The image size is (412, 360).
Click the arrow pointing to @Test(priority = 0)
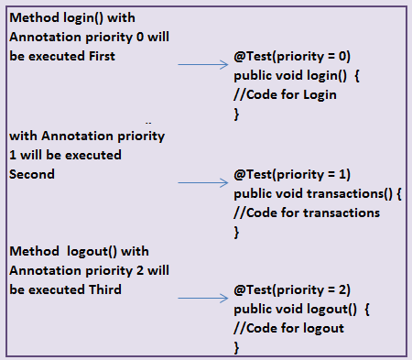tap(201, 65)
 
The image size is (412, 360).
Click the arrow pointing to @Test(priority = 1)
tap(201, 182)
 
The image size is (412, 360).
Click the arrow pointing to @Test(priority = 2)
tap(201, 299)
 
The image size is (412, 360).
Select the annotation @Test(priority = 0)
tap(292, 55)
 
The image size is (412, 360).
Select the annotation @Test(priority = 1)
tap(292, 174)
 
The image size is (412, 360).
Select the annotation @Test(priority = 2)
tap(292, 289)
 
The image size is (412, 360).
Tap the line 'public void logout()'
tap(299, 310)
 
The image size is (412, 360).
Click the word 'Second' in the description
tap(32, 173)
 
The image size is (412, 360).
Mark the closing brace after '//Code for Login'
tap(237, 114)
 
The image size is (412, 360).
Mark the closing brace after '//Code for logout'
tap(237, 348)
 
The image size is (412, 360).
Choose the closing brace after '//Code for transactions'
tap(237, 232)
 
